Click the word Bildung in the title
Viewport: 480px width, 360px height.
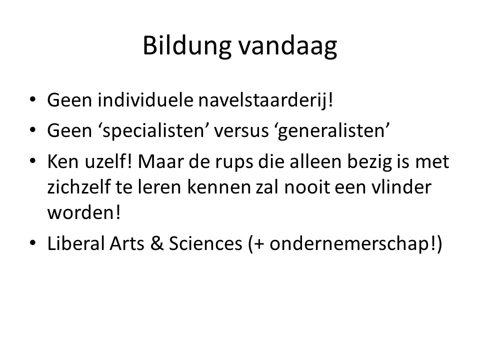click(x=187, y=46)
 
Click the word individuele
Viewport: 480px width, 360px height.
click(x=145, y=100)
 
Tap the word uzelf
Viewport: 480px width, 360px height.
click(x=108, y=161)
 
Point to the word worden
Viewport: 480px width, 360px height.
click(x=84, y=212)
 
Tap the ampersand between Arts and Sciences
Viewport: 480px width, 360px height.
click(x=156, y=243)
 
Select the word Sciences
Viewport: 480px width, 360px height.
click(x=205, y=243)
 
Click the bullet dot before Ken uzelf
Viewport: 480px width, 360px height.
click(x=33, y=160)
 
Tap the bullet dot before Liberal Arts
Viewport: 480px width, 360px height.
click(x=33, y=243)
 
